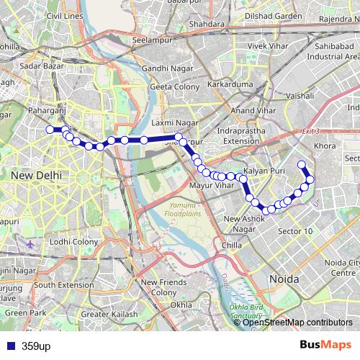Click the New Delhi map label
36,175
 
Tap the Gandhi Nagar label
164,68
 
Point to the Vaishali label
299,95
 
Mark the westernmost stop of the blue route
50,130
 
